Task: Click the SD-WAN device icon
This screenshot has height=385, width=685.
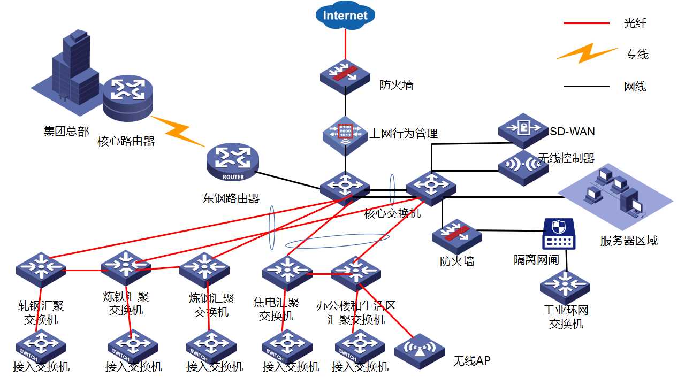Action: point(523,130)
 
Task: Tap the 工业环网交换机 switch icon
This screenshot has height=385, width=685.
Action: point(565,286)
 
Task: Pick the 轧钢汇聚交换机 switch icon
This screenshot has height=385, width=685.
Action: point(41,267)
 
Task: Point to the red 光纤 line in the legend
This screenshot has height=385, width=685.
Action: point(586,24)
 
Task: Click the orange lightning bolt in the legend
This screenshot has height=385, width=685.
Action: point(587,53)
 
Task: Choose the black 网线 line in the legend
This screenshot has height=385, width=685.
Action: point(586,86)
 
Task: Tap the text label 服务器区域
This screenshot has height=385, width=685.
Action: point(628,241)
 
